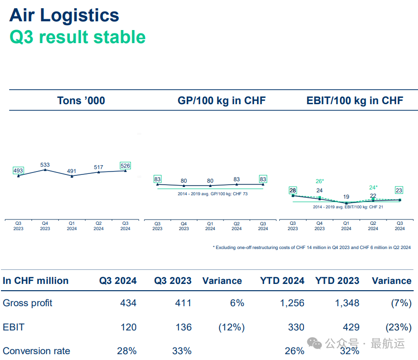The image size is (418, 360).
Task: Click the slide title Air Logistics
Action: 64,16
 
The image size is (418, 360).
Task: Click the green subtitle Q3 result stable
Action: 78,37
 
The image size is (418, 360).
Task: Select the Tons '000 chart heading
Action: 81,101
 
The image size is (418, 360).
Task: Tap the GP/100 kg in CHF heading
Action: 222,101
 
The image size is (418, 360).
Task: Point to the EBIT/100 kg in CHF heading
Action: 355,101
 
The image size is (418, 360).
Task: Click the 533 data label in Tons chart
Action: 45,165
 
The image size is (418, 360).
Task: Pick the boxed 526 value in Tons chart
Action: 126,166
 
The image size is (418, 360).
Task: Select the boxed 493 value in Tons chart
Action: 18,171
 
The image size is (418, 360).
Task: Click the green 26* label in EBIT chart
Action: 320,181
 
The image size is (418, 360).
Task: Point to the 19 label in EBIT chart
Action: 346,197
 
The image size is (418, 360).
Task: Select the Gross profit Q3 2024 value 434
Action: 128,303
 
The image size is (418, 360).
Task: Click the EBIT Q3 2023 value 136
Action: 183,328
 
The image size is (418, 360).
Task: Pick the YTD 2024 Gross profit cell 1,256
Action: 292,303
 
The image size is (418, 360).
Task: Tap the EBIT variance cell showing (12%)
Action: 231,328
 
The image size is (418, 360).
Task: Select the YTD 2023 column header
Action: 337,281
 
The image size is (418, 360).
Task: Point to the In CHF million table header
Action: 36,281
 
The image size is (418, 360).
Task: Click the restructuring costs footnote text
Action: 311,248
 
